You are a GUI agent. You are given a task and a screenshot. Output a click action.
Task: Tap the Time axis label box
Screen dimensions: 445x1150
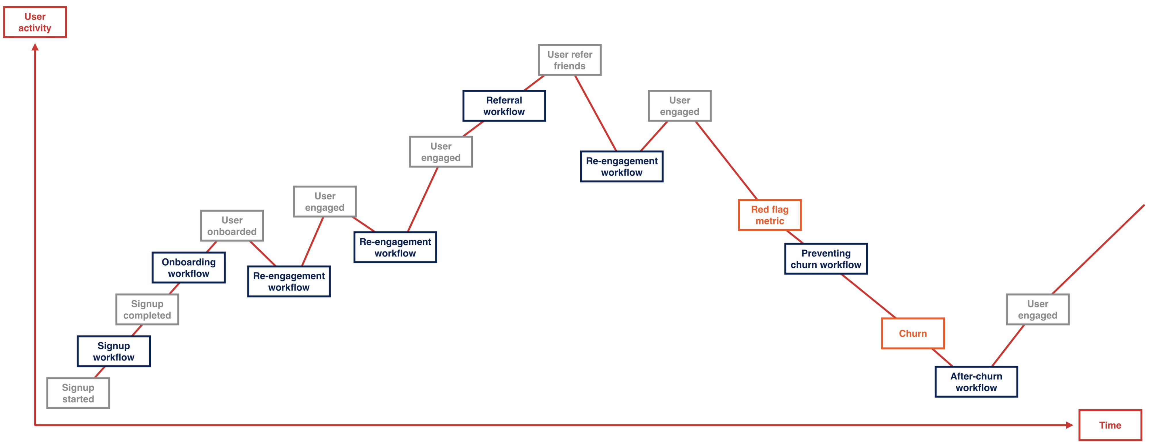pos(1110,425)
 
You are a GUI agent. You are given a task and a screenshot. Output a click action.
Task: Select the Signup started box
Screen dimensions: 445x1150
pos(78,393)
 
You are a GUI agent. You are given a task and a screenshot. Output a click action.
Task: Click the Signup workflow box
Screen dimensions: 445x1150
pos(114,351)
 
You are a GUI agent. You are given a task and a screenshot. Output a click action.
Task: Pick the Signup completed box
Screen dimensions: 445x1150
pos(147,309)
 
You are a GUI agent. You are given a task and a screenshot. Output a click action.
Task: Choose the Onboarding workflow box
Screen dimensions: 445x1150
pos(188,268)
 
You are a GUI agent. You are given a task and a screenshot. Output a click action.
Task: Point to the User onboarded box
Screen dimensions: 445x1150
pos(232,226)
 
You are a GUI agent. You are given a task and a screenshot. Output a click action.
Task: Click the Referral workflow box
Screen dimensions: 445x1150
pos(504,106)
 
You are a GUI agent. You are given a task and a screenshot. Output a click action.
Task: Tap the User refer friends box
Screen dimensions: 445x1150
pos(570,60)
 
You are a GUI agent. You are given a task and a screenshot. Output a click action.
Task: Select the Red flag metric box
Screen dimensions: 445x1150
pos(770,215)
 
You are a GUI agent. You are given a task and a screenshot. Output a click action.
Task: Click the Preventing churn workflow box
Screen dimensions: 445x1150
pos(826,259)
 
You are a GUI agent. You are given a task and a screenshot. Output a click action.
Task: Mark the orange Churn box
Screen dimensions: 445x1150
pos(913,333)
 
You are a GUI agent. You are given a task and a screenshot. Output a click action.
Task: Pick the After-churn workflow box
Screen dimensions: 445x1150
pos(976,382)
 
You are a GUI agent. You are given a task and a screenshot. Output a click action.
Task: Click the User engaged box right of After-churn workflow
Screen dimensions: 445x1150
pos(1038,309)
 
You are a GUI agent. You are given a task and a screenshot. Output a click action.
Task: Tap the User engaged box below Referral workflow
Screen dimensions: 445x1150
pos(441,152)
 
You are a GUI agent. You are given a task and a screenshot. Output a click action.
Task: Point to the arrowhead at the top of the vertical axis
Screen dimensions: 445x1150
pos(35,47)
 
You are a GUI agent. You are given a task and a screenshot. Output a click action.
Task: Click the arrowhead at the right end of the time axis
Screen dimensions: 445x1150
pos(1069,425)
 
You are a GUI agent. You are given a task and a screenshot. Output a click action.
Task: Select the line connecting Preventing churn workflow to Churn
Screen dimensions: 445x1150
pos(868,296)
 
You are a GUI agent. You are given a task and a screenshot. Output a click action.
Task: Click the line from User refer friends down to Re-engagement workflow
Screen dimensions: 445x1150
pos(595,113)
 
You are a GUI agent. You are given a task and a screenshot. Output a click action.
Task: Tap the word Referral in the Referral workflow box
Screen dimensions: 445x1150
pos(504,100)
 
